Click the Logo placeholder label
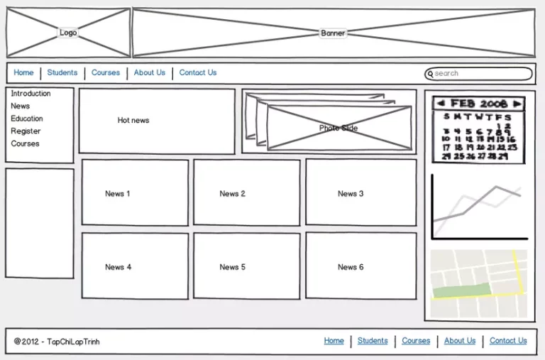(x=68, y=33)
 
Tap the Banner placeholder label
(x=333, y=33)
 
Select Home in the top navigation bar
(x=23, y=72)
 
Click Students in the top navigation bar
(x=62, y=72)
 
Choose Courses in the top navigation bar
(x=106, y=72)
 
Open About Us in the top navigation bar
(x=149, y=72)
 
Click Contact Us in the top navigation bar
(x=198, y=72)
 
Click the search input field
(x=480, y=73)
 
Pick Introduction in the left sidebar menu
(x=31, y=94)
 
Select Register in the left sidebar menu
(x=26, y=131)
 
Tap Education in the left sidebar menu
(x=27, y=119)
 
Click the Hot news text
(x=133, y=121)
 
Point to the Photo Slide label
(x=338, y=129)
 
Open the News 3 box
(x=360, y=192)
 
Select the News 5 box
(x=246, y=266)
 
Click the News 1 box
(x=135, y=192)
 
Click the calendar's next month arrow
(x=517, y=104)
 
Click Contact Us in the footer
(x=508, y=341)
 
